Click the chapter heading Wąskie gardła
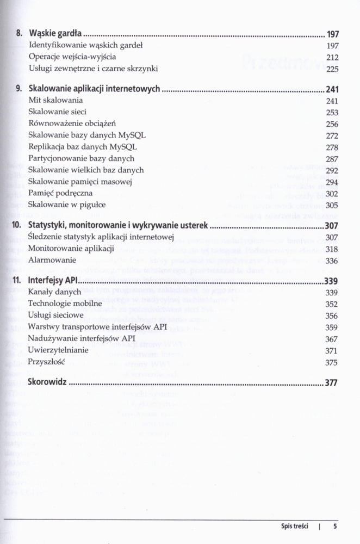point(57,34)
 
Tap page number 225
point(332,69)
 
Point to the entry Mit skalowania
point(55,101)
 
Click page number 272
point(332,135)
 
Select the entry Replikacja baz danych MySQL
point(83,147)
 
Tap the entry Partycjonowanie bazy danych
point(81,158)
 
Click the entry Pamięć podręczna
point(60,193)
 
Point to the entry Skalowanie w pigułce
point(67,205)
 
